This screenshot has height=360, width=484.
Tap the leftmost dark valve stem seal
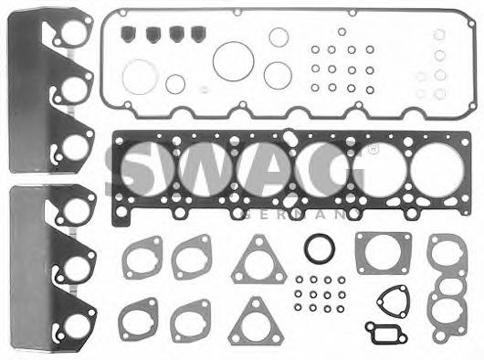[128, 34]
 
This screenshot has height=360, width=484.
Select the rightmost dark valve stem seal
[198, 34]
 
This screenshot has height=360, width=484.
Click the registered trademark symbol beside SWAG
[374, 150]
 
